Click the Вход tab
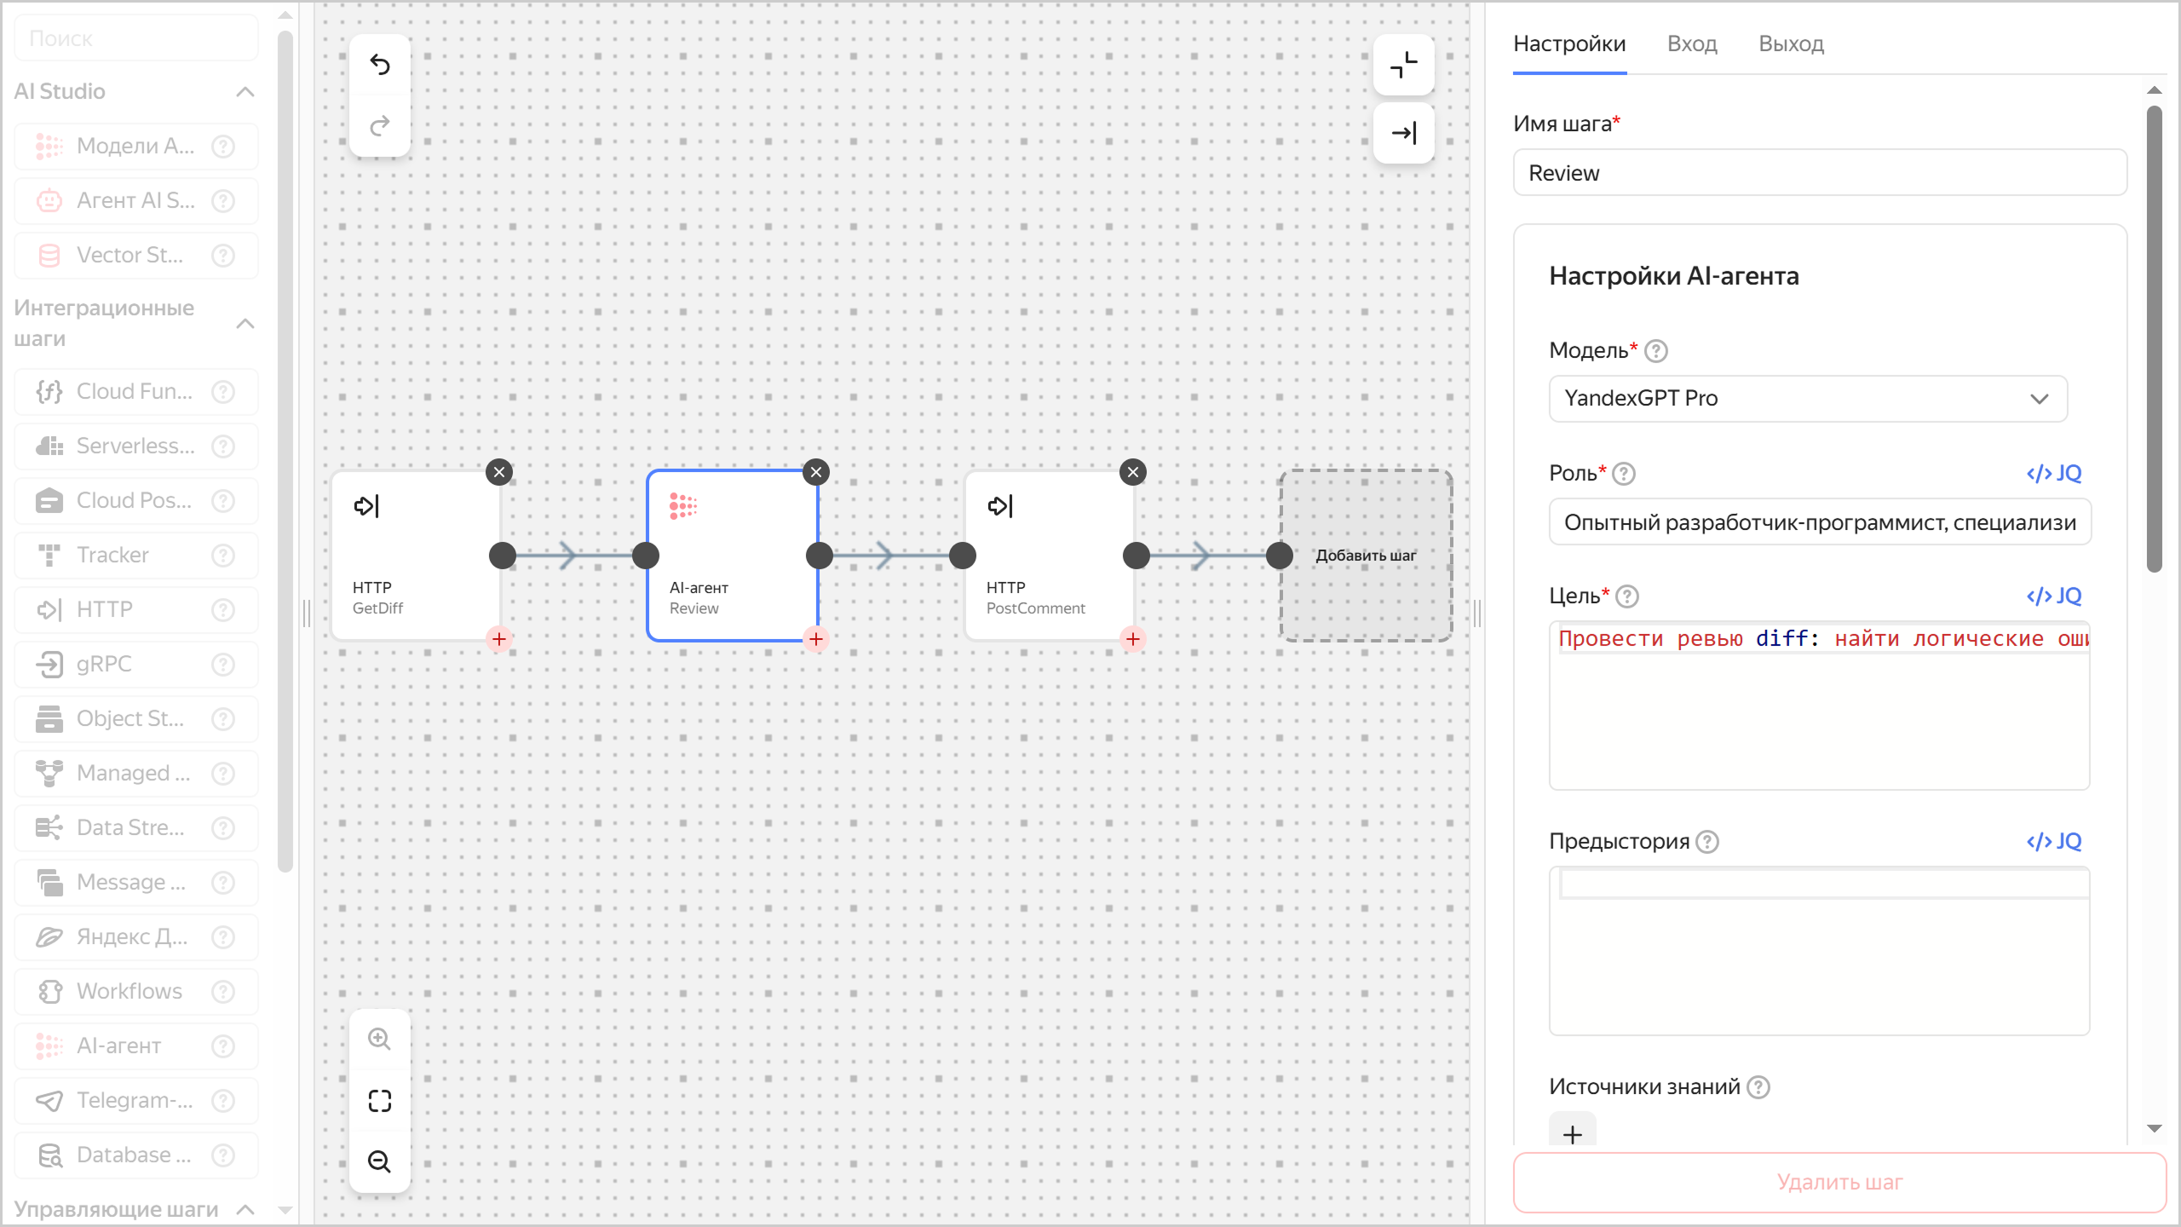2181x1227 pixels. tap(1691, 44)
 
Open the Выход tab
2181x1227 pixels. tap(1791, 44)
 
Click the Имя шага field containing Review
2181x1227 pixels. tap(1819, 173)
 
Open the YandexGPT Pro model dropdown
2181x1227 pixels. tap(1807, 399)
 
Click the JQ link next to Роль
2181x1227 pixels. tap(2053, 474)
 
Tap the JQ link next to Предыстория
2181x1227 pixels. tap(2053, 842)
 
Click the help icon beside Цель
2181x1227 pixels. tap(1627, 596)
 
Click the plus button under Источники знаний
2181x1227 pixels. tap(1572, 1134)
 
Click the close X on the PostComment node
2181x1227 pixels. tap(1132, 472)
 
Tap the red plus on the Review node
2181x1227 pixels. tap(816, 639)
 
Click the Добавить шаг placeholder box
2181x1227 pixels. tap(1366, 556)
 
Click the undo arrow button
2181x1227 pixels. tap(380, 65)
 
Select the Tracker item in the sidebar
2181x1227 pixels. tap(112, 556)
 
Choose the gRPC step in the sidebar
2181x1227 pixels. tap(104, 665)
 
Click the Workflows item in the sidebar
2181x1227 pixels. tap(129, 992)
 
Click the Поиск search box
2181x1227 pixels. tap(136, 38)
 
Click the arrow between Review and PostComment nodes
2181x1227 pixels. tap(886, 556)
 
